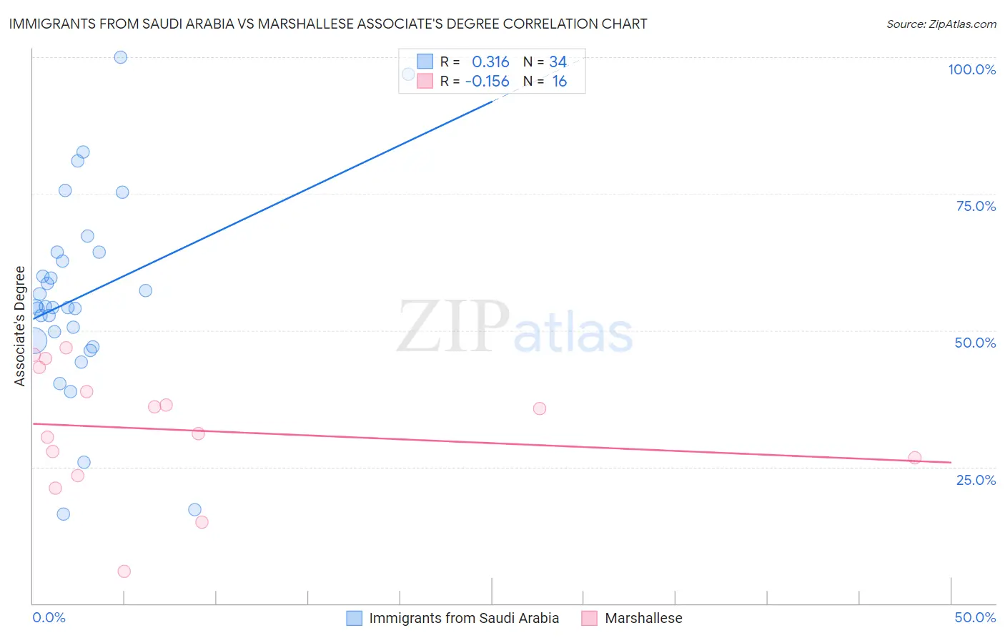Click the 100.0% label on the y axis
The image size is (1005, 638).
pos(971,69)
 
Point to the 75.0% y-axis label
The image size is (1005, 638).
pos(976,206)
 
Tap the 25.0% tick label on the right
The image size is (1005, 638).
pos(976,479)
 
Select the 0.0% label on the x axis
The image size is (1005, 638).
pos(49,617)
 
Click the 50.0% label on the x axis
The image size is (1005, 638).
pos(975,617)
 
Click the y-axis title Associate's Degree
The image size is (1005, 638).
pos(20,326)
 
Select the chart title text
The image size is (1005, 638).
pos(328,24)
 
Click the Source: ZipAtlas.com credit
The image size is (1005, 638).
pos(941,24)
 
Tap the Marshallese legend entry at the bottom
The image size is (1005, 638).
pos(643,618)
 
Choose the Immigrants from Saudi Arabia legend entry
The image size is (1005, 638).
pos(463,618)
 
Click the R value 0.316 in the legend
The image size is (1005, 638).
pos(490,62)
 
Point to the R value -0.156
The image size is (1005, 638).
pos(487,82)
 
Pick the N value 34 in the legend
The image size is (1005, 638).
pos(558,62)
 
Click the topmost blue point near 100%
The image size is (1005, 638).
pos(121,57)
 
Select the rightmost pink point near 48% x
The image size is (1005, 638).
pos(914,458)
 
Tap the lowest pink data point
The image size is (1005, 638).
pos(124,571)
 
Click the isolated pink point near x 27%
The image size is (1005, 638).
pos(540,408)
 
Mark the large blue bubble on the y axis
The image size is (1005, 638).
pos(34,341)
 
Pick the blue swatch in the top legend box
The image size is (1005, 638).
pos(425,62)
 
